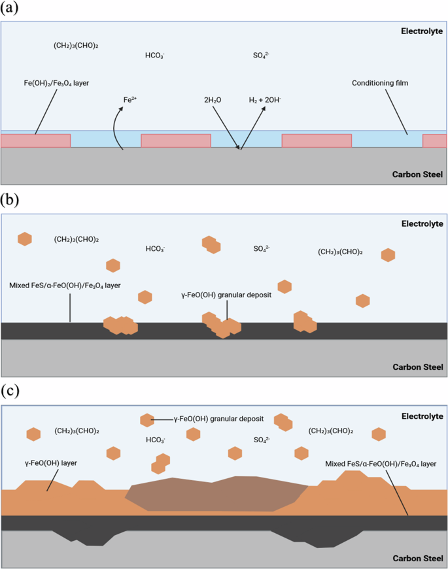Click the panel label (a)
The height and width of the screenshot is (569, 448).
click(x=12, y=8)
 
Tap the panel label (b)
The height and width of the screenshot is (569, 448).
click(x=12, y=200)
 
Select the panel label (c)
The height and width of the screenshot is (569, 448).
click(x=12, y=391)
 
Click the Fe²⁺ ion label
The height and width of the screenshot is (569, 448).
click(x=130, y=100)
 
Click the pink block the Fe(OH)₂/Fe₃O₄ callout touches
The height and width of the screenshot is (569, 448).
click(x=36, y=140)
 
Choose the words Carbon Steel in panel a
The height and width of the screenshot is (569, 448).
click(x=417, y=174)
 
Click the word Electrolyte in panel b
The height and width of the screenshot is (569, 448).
click(x=422, y=223)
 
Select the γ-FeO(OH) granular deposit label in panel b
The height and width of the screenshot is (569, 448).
click(x=226, y=295)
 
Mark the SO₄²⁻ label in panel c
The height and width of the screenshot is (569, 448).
click(x=262, y=440)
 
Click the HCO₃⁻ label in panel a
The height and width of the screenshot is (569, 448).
click(x=155, y=56)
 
